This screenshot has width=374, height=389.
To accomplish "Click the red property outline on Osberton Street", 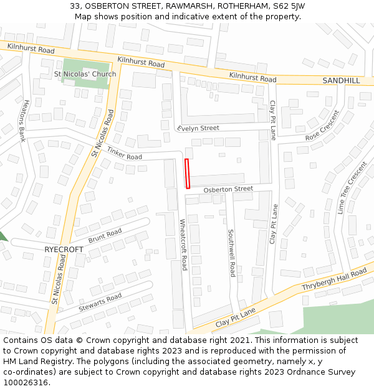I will (187, 174).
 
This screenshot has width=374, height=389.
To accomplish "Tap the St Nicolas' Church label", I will (85, 75).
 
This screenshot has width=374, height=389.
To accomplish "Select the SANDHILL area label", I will (341, 81).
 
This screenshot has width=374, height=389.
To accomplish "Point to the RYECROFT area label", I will (64, 249).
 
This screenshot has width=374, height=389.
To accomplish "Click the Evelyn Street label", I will (199, 128).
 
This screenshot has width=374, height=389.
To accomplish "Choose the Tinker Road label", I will (124, 153).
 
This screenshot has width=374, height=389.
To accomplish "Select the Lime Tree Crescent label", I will (352, 188).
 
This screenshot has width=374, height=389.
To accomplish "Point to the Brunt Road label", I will (105, 236).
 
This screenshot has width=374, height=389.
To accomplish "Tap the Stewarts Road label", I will (100, 303).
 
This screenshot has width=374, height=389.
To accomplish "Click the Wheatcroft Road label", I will (183, 245).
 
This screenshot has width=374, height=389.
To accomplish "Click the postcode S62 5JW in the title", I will (291, 6).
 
